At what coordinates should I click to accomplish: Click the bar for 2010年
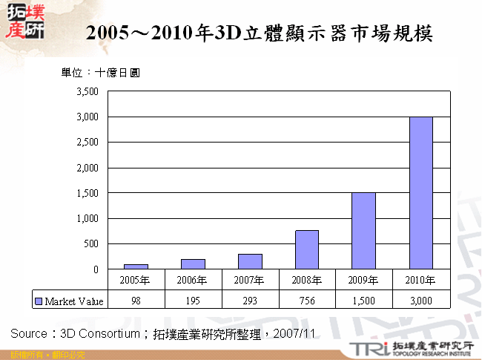point(421,192)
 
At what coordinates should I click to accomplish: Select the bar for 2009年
point(364,230)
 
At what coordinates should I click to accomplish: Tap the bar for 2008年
point(307,249)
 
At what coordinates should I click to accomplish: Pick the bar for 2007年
point(250,261)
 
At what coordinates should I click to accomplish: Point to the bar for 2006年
point(194,264)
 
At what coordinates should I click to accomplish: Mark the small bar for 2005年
point(136,266)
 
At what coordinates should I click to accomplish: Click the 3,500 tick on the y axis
point(88,91)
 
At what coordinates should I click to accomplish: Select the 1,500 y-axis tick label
point(88,193)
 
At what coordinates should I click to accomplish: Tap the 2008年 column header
point(307,280)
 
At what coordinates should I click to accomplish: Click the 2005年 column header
point(136,280)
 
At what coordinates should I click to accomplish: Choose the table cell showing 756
point(307,301)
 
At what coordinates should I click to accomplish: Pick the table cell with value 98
point(136,301)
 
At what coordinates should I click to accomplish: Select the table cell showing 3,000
point(421,301)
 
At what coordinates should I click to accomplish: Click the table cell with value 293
point(250,301)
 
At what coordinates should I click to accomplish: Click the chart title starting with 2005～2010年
point(259,33)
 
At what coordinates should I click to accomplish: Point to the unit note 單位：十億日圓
point(100,73)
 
